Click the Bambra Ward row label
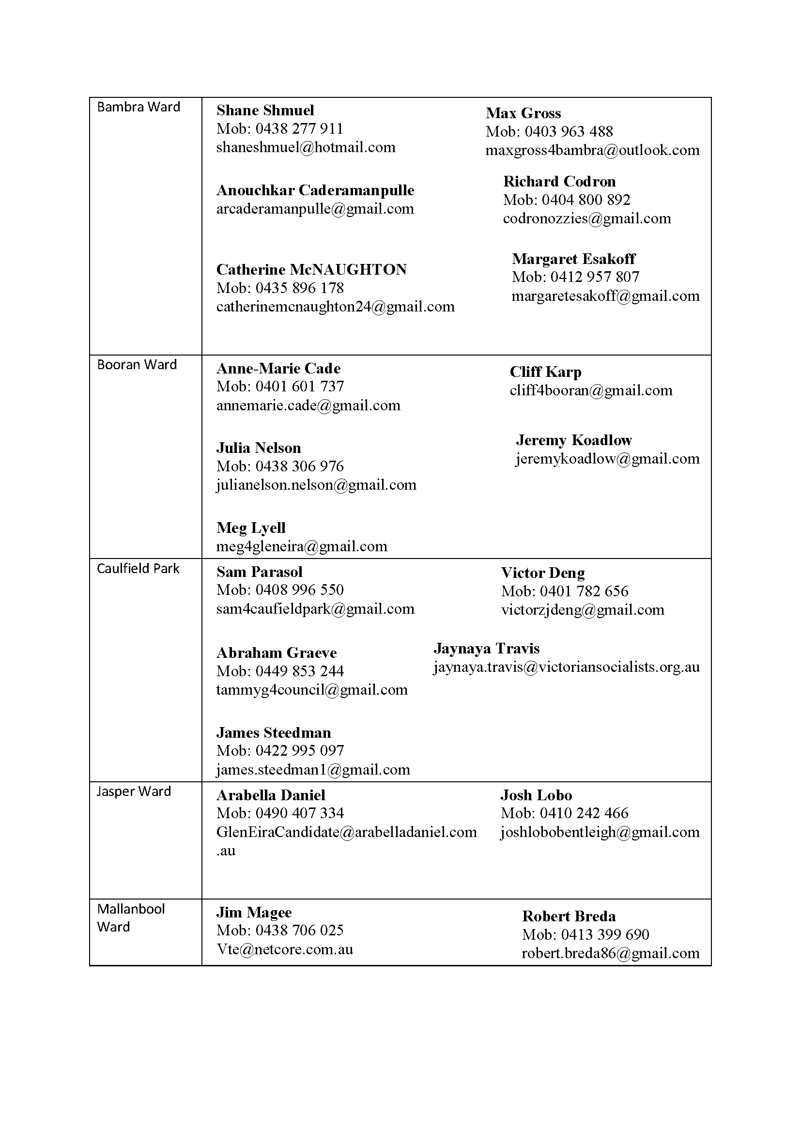139,107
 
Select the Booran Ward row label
137,365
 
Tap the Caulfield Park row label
138,569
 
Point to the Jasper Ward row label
134,791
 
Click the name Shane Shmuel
265,110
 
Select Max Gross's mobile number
549,131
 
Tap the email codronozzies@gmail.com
587,218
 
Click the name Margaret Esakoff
573,259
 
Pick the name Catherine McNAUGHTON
311,269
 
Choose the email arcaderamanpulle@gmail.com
315,209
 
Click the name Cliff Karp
545,372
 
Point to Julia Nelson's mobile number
279,466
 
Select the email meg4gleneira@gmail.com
301,546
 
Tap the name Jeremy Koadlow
573,440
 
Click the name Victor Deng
542,573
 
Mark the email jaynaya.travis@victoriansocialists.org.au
566,667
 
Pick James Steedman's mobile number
279,750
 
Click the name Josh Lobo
536,795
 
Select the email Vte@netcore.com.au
285,949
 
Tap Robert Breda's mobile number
585,934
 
